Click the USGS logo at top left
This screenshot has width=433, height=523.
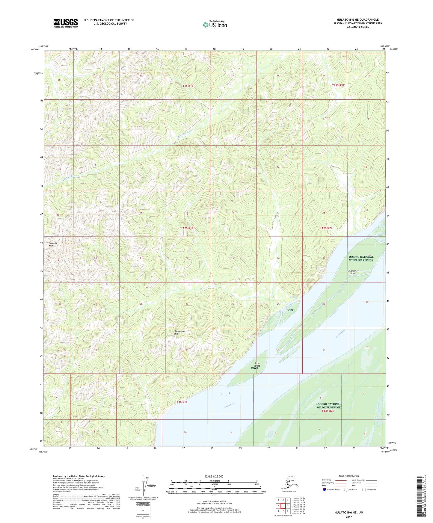65,23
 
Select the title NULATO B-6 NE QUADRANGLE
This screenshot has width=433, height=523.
357,20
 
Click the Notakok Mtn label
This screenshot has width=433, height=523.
53,244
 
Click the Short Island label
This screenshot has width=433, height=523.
257,365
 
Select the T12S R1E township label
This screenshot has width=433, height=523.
187,228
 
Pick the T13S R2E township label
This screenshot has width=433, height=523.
328,411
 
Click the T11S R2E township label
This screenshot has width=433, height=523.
338,85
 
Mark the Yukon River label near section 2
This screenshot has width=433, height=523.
230,405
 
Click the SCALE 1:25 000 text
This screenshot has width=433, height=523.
214,476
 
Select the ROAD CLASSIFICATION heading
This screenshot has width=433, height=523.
348,476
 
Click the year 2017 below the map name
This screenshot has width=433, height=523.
348,517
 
